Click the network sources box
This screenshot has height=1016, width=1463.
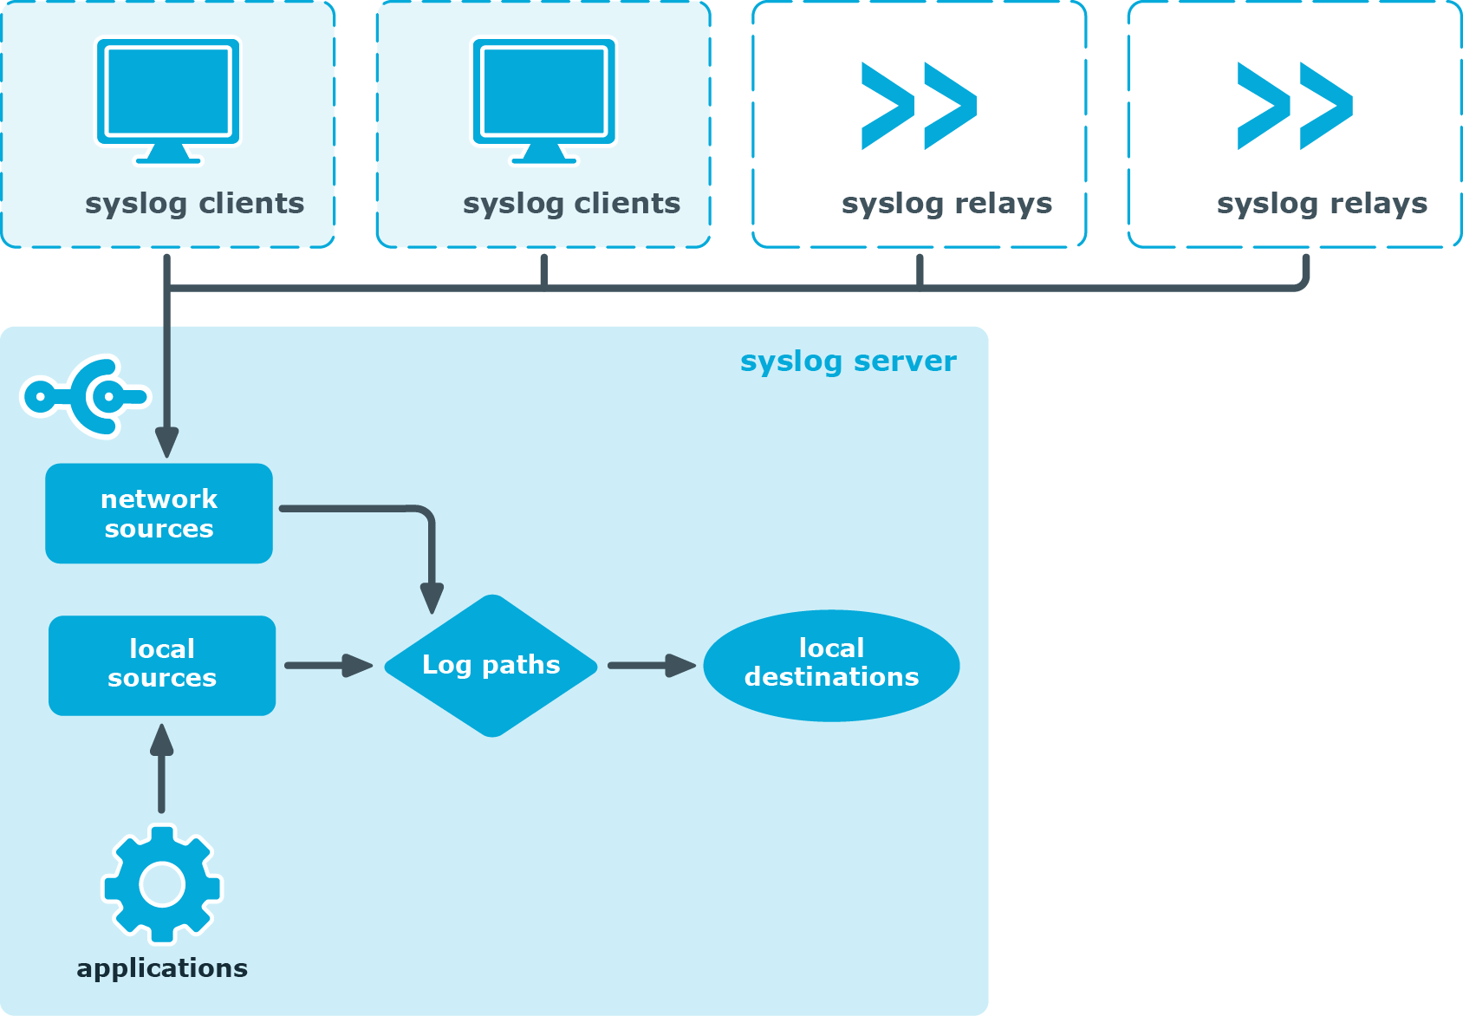(x=159, y=513)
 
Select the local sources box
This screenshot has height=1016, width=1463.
(x=162, y=665)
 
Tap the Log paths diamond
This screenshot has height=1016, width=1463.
(x=491, y=666)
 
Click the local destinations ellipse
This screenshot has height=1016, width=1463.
(x=831, y=665)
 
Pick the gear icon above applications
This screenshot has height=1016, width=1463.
(x=162, y=884)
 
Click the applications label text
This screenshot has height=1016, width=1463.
(x=162, y=968)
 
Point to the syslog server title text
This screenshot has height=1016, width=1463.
(x=848, y=361)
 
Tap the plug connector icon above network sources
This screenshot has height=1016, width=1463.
(x=85, y=397)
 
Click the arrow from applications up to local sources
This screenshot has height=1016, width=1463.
(x=161, y=768)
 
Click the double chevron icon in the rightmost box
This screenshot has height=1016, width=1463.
(x=1295, y=106)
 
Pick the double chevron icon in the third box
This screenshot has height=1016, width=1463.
(x=919, y=106)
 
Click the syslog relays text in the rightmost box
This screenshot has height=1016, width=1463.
(x=1322, y=204)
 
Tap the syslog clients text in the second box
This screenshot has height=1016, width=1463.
(x=571, y=204)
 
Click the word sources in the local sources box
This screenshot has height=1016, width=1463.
(x=162, y=679)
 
